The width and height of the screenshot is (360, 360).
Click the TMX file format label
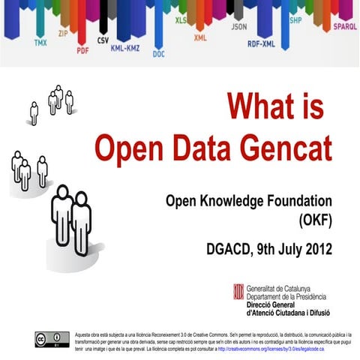[x=40, y=43]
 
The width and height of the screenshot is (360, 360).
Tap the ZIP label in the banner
[x=62, y=34]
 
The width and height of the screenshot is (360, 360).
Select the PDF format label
[x=83, y=52]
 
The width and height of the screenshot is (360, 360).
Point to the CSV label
[x=103, y=40]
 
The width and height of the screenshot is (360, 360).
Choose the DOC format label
[x=159, y=54]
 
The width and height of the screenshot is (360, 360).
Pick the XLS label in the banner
[x=181, y=20]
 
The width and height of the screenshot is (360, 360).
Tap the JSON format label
[x=238, y=26]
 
